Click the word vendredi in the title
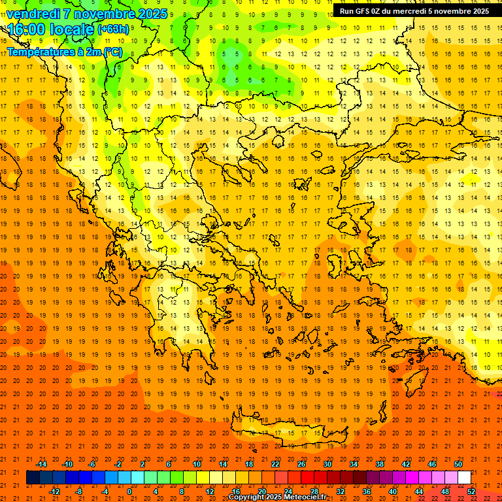(33, 14)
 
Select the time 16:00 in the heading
(27, 29)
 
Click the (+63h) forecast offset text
(113, 29)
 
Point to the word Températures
(37, 52)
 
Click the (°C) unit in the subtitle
(112, 52)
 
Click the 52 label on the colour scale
(471, 491)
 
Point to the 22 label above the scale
(275, 464)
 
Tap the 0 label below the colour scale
(129, 491)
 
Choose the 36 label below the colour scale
(367, 491)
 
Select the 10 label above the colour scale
(197, 464)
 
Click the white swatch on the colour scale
(464, 478)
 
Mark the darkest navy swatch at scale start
(33, 478)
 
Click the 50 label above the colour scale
(458, 464)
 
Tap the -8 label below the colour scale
(79, 491)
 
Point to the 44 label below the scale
(419, 491)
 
